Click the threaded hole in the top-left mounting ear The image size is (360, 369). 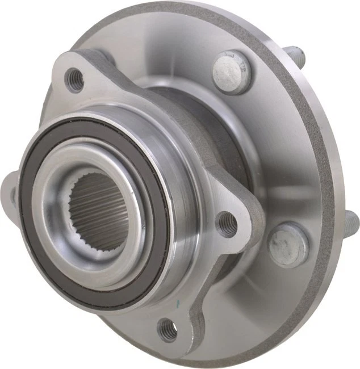pyautogui.click(x=74, y=80)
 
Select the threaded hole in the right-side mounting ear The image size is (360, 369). pyautogui.click(x=227, y=224)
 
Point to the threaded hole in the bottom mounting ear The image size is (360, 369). pyautogui.click(x=168, y=329)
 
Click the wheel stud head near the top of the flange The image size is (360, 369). pyautogui.click(x=232, y=72)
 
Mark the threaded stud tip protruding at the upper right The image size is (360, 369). pyautogui.click(x=298, y=57)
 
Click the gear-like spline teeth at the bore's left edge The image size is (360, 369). pyautogui.click(x=74, y=210)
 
